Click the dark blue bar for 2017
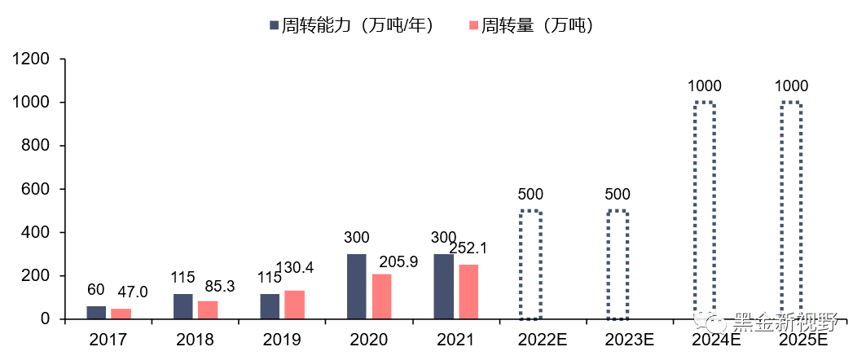coord(96,313)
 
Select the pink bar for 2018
coord(208,310)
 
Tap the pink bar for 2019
coord(294,305)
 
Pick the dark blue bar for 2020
coord(356,287)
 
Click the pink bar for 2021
coord(468,292)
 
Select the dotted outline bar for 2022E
coord(530,266)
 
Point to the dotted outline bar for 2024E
coord(704,211)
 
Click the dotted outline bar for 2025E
coord(790,211)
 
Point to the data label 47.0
coord(134,292)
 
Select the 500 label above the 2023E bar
coord(617,195)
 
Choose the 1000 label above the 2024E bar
coord(704,86)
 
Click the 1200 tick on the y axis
coord(32,59)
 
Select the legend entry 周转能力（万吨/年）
coord(355,25)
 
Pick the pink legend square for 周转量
coord(473,26)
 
